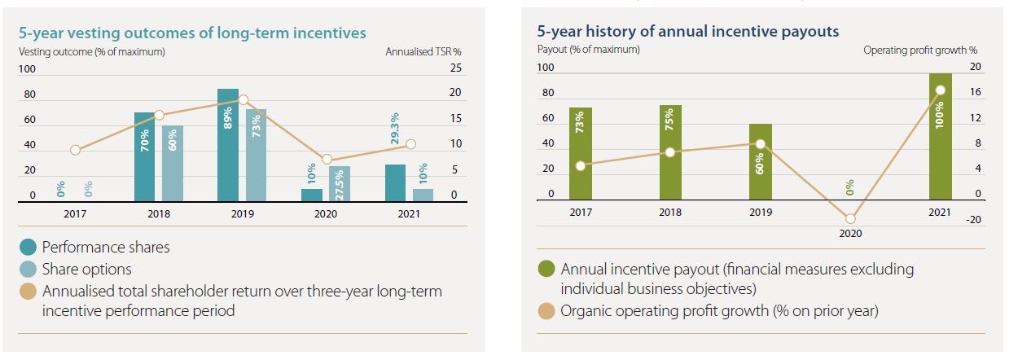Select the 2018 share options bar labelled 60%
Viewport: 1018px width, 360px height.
coord(172,163)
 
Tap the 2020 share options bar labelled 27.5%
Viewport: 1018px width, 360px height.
coord(340,183)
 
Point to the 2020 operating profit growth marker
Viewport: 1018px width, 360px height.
coord(850,218)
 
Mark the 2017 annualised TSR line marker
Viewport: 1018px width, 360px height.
coord(75,150)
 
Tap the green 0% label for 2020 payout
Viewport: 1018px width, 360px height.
coord(850,187)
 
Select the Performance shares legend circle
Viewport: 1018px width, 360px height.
coord(29,247)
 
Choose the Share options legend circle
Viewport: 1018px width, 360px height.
coord(29,269)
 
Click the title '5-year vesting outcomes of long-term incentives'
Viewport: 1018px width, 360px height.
coord(192,33)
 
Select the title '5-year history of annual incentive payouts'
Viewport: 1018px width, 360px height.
coord(688,31)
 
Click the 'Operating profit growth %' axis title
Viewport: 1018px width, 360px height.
coord(920,50)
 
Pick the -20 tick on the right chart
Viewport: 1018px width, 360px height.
coord(975,219)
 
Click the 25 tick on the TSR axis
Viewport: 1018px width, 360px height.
coord(455,68)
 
